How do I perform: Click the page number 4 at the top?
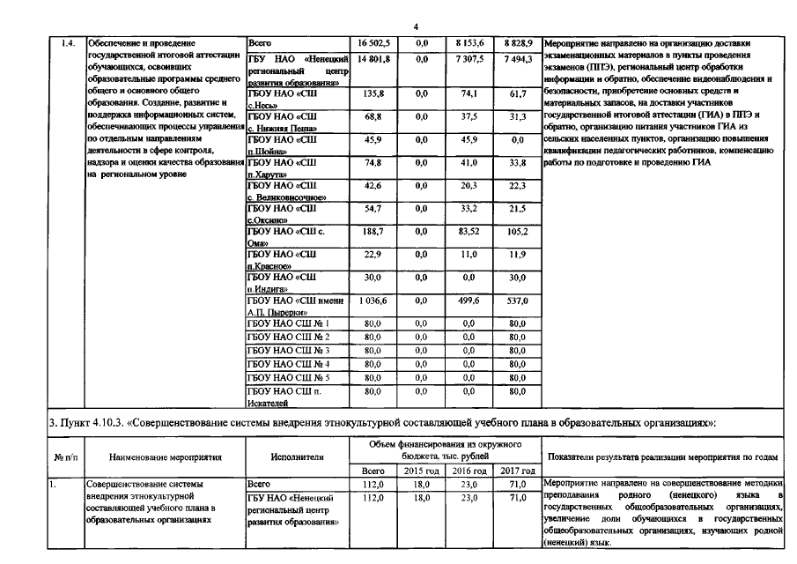coord(415,27)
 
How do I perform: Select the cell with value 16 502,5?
coord(373,42)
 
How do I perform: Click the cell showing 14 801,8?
coord(373,58)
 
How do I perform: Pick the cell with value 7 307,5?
coord(469,58)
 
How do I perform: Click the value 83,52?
coord(469,232)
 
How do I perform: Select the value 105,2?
coord(517,232)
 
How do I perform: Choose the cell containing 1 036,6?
coord(373,301)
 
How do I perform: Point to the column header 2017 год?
coord(517,471)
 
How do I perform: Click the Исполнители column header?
coord(298,457)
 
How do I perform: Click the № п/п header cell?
coord(66,457)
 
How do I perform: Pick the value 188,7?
coord(373,232)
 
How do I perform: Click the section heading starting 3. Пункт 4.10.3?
coord(382,423)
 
